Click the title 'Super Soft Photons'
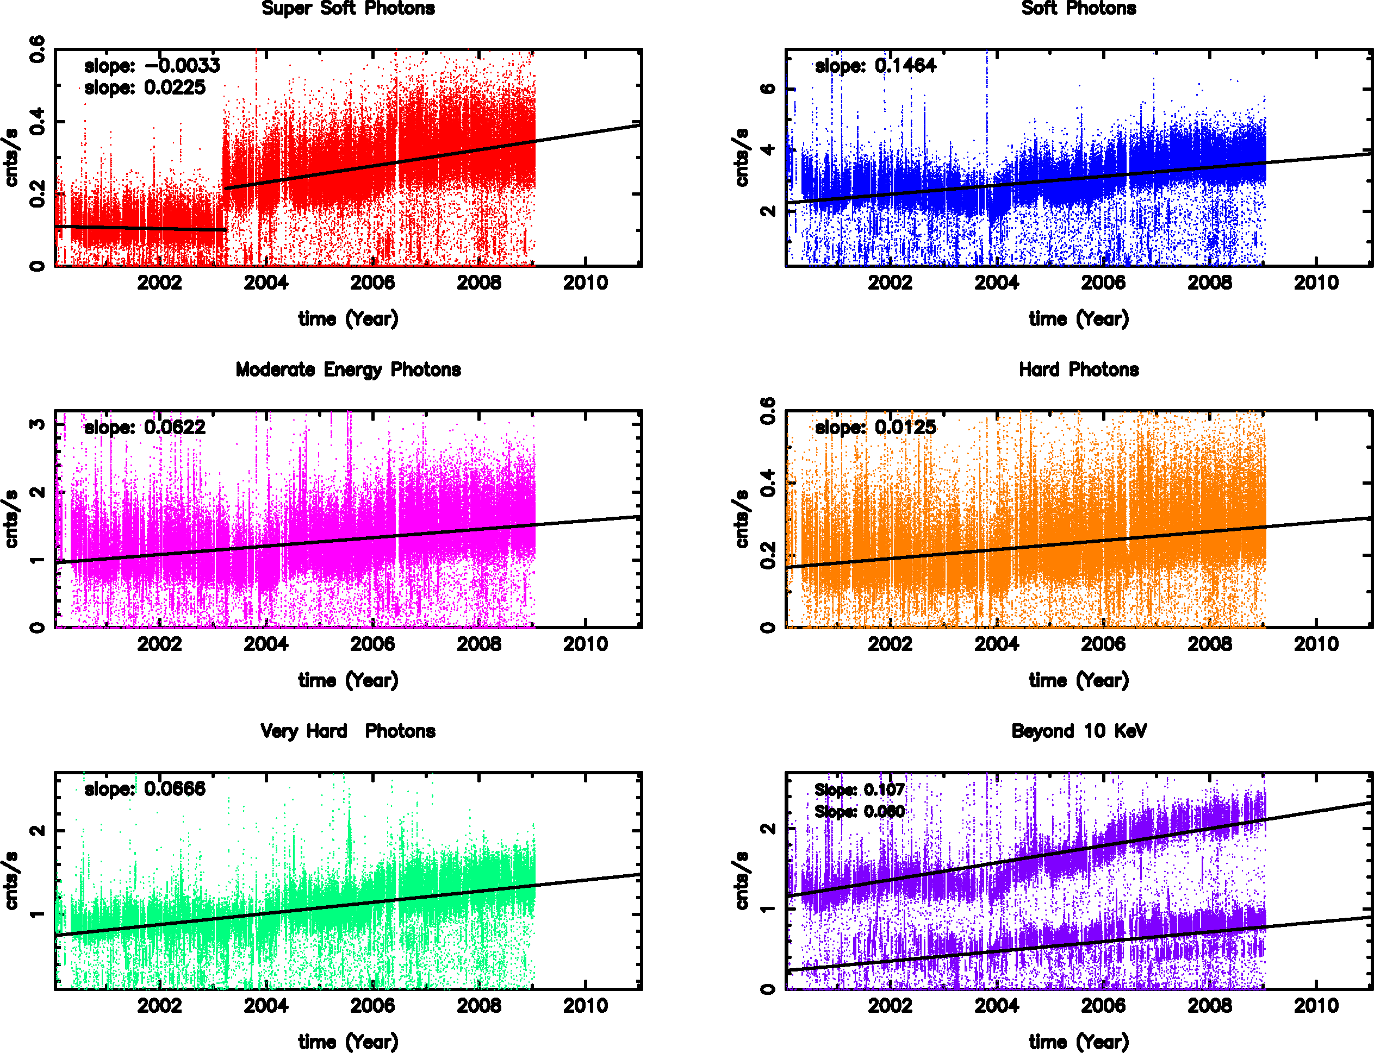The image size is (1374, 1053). click(x=348, y=8)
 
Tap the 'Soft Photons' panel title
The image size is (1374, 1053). click(x=1079, y=8)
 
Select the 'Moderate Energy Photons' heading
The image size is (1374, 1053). click(x=348, y=370)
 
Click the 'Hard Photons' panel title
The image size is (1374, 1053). click(x=1079, y=370)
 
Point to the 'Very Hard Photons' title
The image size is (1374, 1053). click(x=348, y=731)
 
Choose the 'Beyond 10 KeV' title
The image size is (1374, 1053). click(x=1079, y=731)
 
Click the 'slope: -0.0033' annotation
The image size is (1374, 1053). click(x=152, y=66)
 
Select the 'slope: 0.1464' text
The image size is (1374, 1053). click(x=875, y=66)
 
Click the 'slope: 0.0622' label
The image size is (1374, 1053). click(x=145, y=428)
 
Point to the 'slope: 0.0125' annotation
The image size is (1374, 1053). click(x=875, y=428)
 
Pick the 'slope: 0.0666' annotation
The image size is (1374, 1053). click(x=145, y=789)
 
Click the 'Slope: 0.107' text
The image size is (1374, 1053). click(x=859, y=790)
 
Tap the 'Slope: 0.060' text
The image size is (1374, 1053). click(x=859, y=812)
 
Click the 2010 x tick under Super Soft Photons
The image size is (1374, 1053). click(x=585, y=283)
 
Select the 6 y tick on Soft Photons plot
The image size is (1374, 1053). click(x=768, y=89)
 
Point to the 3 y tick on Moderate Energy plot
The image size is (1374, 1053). click(x=37, y=424)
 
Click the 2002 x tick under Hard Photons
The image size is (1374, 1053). click(x=890, y=644)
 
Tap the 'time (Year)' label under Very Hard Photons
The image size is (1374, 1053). click(x=348, y=1042)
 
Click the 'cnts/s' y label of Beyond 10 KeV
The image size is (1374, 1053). click(x=742, y=881)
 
